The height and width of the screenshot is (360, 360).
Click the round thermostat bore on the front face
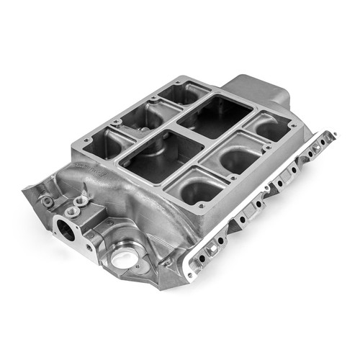tap(66, 230)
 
